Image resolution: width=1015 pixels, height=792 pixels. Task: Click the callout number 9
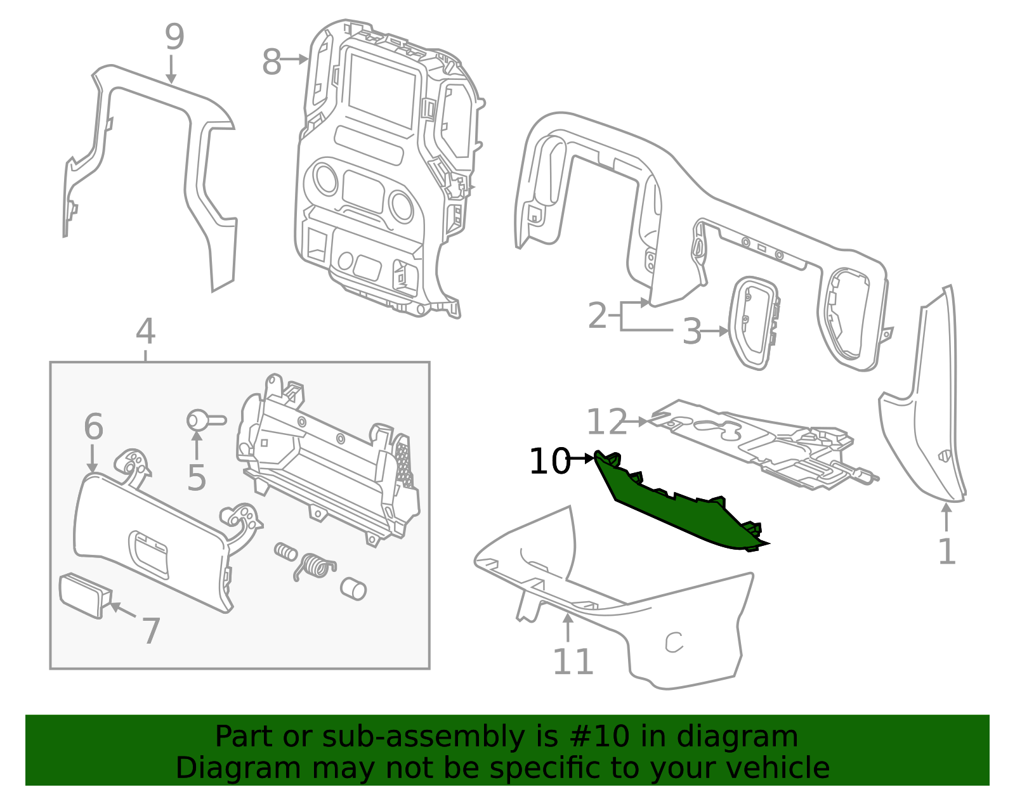174,37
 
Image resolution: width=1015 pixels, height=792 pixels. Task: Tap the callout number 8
272,63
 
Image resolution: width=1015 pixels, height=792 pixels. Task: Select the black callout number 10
549,461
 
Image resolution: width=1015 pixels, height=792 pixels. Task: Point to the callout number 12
606,422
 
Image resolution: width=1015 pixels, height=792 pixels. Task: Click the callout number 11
573,662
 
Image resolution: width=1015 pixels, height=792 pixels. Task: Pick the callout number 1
946,552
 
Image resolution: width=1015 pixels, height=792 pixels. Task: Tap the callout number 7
150,631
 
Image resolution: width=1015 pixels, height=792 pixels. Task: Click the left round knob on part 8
325,178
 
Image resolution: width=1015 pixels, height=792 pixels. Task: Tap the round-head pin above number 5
198,420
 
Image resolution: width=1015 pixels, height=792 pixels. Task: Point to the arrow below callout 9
171,70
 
